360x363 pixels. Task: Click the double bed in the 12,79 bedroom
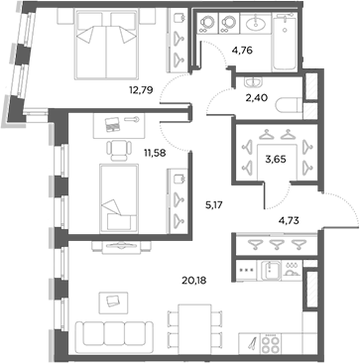(x=98, y=45)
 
